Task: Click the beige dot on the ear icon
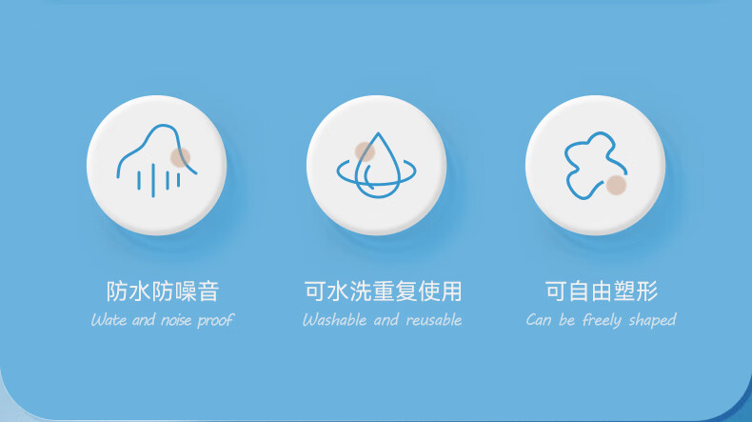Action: pos(180,157)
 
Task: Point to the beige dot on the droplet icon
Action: pos(365,151)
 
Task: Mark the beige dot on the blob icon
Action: pos(616,186)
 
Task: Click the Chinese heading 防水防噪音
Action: pos(163,291)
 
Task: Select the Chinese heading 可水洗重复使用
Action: pos(384,291)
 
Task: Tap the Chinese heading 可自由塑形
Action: pos(602,291)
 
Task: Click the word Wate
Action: pos(109,320)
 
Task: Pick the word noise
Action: pos(176,320)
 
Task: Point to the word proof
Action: pos(215,320)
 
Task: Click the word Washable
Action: pos(335,320)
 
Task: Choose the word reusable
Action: pos(434,320)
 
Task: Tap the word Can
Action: pos(539,320)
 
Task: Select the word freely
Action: pos(602,320)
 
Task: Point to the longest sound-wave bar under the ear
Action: pos(153,180)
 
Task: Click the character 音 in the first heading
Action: pos(208,291)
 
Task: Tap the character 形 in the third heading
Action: pos(647,291)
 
